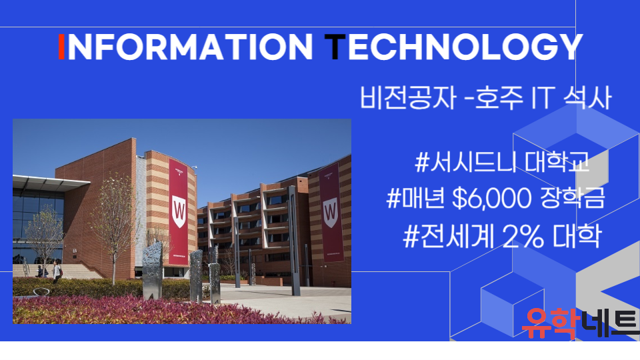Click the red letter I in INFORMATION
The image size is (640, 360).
(61, 47)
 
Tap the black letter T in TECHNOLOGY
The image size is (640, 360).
(335, 47)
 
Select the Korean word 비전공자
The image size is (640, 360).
(407, 97)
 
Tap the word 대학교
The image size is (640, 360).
(557, 161)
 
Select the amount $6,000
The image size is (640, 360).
(492, 199)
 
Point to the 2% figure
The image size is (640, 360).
(523, 236)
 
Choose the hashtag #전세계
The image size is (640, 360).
(449, 236)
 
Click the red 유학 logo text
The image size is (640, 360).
(551, 323)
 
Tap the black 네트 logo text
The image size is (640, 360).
(609, 323)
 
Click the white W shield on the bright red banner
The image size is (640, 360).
(179, 211)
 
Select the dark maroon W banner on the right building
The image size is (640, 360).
(331, 212)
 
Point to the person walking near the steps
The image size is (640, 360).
(57, 272)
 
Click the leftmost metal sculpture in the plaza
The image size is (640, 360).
(152, 270)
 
